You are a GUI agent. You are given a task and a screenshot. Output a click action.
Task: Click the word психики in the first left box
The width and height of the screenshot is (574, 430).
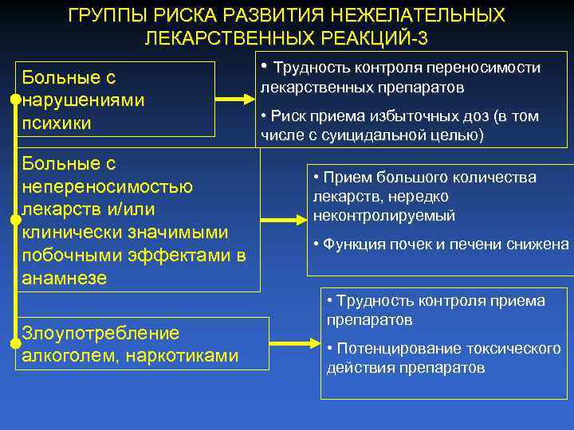[57, 123]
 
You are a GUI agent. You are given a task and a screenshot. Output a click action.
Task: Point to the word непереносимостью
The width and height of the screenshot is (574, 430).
[108, 186]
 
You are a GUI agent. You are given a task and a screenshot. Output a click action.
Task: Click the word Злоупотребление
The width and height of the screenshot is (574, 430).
[100, 333]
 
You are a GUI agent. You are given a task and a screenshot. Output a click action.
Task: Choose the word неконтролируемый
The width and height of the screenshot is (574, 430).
[384, 215]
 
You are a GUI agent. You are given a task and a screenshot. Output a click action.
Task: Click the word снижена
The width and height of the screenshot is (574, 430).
[538, 244]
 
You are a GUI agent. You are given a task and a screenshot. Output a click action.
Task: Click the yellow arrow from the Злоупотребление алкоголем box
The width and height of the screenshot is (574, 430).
[295, 343]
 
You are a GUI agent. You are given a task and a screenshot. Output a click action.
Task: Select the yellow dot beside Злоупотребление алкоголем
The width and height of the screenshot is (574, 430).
[15, 344]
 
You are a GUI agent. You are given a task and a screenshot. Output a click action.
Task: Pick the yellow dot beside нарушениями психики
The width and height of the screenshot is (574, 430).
[15, 100]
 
